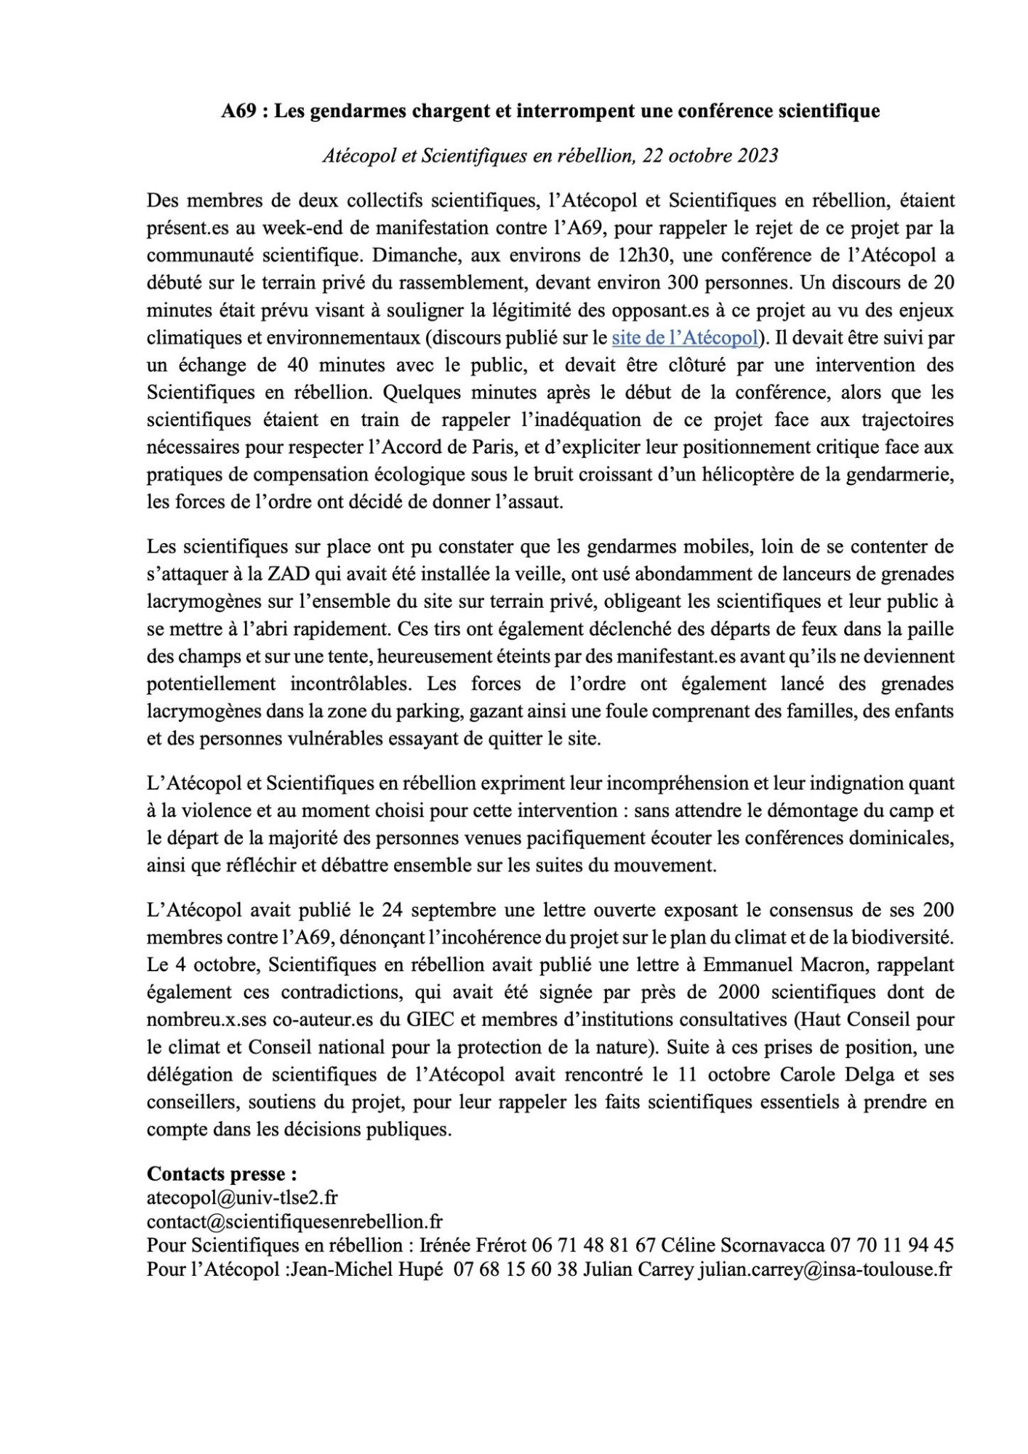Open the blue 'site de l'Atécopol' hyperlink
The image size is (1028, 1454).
tap(685, 337)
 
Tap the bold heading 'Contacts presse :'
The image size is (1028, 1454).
tap(222, 1174)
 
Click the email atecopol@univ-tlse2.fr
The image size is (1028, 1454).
tap(242, 1197)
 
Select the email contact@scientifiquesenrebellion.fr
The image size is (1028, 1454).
tap(294, 1222)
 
